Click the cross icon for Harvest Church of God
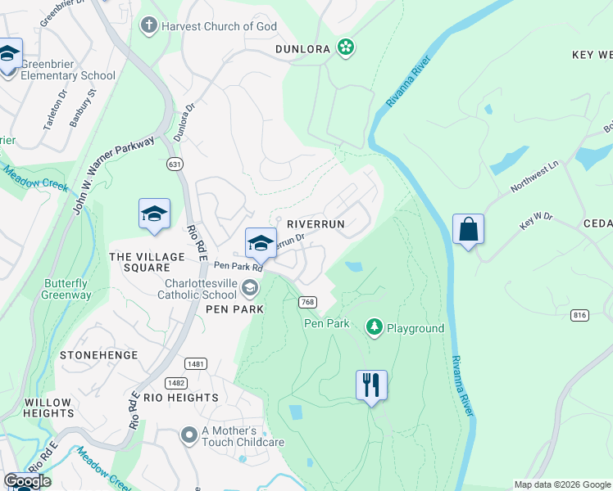coord(148,25)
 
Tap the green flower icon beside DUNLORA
coord(346,48)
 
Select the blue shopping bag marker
coord(468,229)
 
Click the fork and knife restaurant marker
coord(371,384)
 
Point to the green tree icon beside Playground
coord(375,328)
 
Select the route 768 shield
coord(308,302)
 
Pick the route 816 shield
coord(581,315)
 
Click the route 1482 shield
coord(175,382)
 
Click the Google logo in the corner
coord(27,481)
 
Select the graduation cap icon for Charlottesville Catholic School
coord(249,288)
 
